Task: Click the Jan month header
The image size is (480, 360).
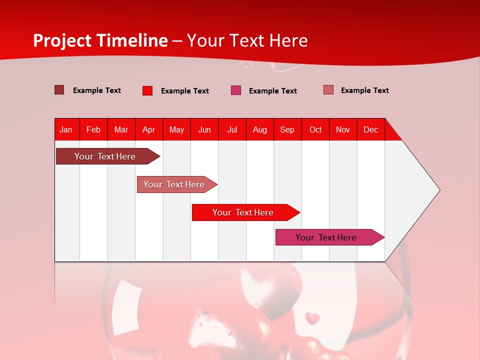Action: click(66, 129)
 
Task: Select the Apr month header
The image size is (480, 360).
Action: click(148, 129)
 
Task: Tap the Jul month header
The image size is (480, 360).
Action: click(232, 129)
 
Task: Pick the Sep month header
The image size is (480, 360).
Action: click(287, 129)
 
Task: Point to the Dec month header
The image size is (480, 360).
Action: click(370, 129)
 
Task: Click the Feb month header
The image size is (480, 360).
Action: click(93, 129)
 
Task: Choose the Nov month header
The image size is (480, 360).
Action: click(342, 129)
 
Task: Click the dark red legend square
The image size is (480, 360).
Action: click(59, 90)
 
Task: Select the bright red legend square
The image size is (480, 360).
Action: click(147, 90)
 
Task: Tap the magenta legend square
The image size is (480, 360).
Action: click(236, 90)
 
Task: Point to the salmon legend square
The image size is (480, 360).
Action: click(328, 90)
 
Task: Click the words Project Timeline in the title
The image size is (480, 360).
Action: click(100, 40)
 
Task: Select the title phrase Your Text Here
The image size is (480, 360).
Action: click(247, 40)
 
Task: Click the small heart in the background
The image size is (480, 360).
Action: click(312, 318)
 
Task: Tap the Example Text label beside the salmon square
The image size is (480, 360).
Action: click(364, 90)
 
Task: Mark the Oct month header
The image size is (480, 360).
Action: click(315, 129)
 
